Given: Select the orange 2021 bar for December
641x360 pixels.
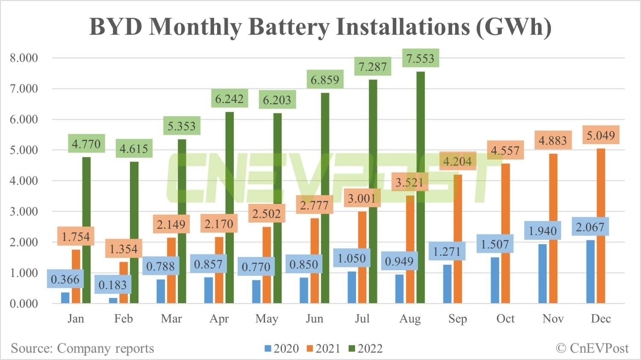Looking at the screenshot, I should (601, 227).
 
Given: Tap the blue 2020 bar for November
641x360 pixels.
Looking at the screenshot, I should (542, 274).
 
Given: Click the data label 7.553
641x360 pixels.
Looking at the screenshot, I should (420, 59).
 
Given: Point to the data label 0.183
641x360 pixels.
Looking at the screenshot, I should (113, 285).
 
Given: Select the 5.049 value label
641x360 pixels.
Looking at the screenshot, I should (600, 136).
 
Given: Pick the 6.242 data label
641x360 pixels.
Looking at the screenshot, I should (229, 99).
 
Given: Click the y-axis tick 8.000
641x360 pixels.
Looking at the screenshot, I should (24, 58).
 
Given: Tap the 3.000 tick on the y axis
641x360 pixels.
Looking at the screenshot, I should (24, 211).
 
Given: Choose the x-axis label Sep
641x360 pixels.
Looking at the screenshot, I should (458, 319).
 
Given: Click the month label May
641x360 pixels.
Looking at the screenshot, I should (267, 319).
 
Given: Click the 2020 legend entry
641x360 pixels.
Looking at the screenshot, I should (282, 348).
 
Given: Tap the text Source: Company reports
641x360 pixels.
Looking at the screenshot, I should (82, 348).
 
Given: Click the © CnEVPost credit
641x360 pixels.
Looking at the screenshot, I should (592, 348).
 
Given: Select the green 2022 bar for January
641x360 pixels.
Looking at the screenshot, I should (86, 231).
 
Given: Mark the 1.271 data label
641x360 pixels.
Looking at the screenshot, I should (447, 251).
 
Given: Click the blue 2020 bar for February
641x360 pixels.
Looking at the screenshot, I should (113, 301).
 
